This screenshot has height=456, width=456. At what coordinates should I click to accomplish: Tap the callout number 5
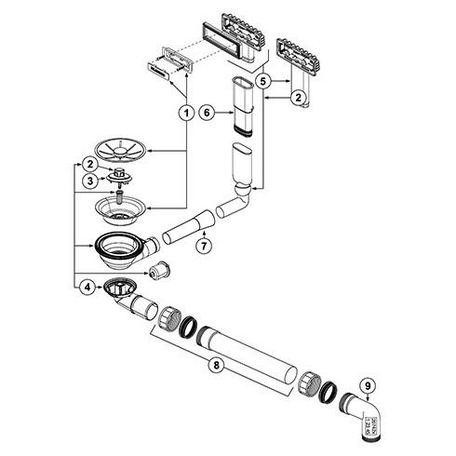click(263, 81)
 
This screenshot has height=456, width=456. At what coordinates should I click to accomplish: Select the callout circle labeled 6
click(209, 113)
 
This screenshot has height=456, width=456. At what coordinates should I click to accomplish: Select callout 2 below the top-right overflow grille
click(298, 97)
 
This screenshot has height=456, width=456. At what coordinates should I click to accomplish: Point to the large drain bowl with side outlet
click(118, 249)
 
